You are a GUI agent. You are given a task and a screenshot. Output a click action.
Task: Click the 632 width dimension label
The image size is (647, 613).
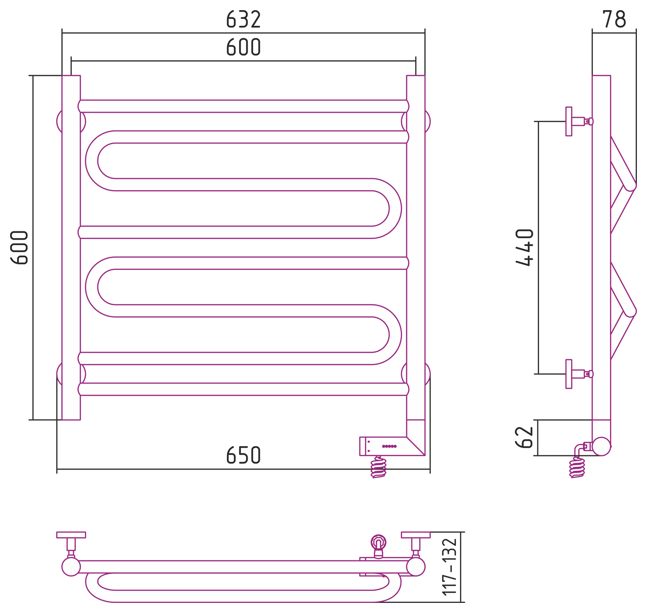243,19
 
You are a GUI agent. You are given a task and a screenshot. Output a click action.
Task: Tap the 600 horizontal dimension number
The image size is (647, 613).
243,46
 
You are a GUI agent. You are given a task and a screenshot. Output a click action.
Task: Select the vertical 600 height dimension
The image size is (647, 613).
19,248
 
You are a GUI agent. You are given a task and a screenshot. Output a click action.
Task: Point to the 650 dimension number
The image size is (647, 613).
243,455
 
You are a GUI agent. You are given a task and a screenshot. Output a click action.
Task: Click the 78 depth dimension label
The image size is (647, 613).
614,19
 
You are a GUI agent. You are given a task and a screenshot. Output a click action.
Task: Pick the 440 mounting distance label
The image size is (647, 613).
524,248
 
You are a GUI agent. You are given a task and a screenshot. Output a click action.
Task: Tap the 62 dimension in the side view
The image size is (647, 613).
524,437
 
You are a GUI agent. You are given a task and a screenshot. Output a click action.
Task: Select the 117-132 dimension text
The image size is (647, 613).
449,567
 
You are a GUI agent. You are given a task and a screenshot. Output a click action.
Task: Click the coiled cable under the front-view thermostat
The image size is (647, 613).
379,467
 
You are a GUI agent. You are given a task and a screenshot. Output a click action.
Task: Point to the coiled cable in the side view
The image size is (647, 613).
577,467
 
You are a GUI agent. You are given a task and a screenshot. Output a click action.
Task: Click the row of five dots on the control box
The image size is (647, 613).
389,446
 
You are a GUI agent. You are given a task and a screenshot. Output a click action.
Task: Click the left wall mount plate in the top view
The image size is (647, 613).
71,535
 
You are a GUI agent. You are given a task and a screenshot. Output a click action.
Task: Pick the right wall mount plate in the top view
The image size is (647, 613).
415,535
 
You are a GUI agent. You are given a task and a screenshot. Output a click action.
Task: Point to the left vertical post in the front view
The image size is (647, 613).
71,248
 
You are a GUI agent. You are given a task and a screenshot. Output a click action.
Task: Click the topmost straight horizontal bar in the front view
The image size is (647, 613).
243,106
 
